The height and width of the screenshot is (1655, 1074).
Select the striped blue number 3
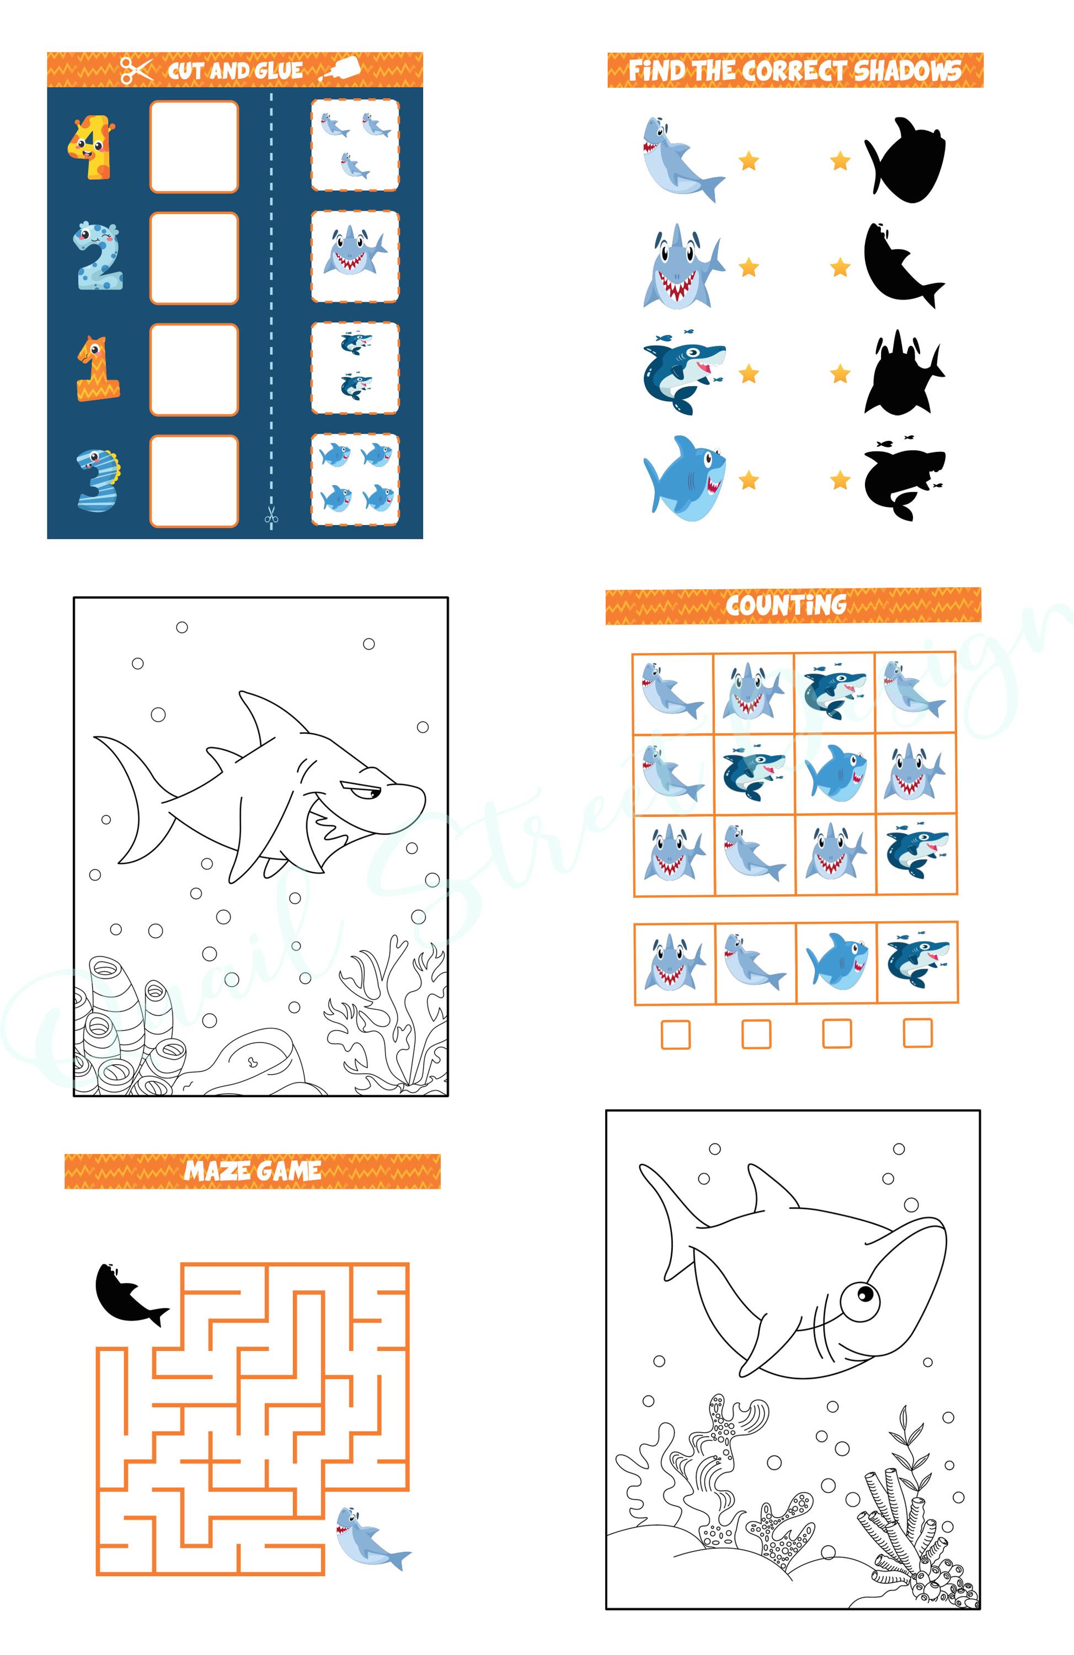click(97, 480)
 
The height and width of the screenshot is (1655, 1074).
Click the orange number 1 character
click(97, 369)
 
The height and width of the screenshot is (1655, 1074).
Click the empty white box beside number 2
click(194, 258)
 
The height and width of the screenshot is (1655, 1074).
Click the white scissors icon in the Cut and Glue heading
click(136, 70)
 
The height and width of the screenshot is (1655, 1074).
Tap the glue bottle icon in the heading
click(344, 69)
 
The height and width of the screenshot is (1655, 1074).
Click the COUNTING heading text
click(786, 605)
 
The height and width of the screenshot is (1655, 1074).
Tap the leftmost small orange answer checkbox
click(675, 1034)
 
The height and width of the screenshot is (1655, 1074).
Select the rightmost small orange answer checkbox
click(917, 1033)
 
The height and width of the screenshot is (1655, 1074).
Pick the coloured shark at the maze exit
click(368, 1540)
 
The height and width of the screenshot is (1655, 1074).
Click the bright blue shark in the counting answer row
click(836, 963)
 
